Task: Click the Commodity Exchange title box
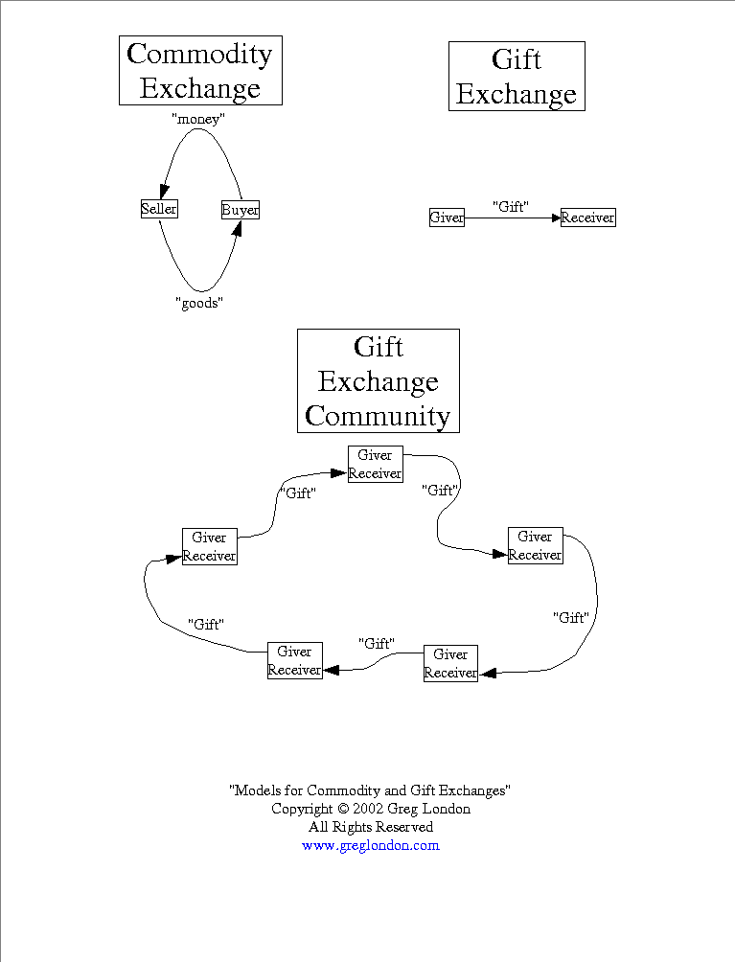click(x=200, y=71)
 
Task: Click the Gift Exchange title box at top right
click(x=517, y=77)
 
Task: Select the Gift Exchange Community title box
click(x=379, y=381)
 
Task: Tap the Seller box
click(x=159, y=209)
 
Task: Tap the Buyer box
click(x=240, y=210)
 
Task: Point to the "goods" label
click(x=199, y=303)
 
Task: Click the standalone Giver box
click(x=447, y=218)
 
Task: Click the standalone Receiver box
click(x=587, y=218)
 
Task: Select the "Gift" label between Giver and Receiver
click(x=511, y=206)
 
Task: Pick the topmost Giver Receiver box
click(x=375, y=464)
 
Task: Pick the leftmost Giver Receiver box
click(x=209, y=546)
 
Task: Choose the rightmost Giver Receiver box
click(x=535, y=545)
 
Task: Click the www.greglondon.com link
click(x=370, y=845)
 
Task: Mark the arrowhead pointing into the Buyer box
click(x=236, y=228)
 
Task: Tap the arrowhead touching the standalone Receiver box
click(x=555, y=218)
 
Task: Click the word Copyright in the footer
click(x=302, y=809)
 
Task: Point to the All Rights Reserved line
click(x=370, y=827)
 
